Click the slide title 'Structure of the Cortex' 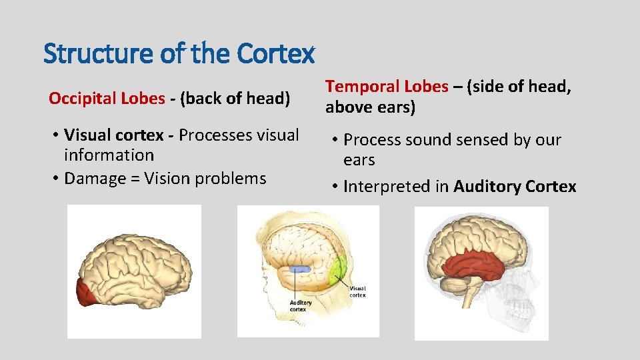179,54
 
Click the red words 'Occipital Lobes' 106,99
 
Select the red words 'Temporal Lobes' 387,87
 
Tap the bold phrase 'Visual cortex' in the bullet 114,135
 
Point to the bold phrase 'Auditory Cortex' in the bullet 515,187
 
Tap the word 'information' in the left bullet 109,155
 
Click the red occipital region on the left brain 85,293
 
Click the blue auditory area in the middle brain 299,269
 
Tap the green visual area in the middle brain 339,267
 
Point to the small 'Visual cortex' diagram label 357,291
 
